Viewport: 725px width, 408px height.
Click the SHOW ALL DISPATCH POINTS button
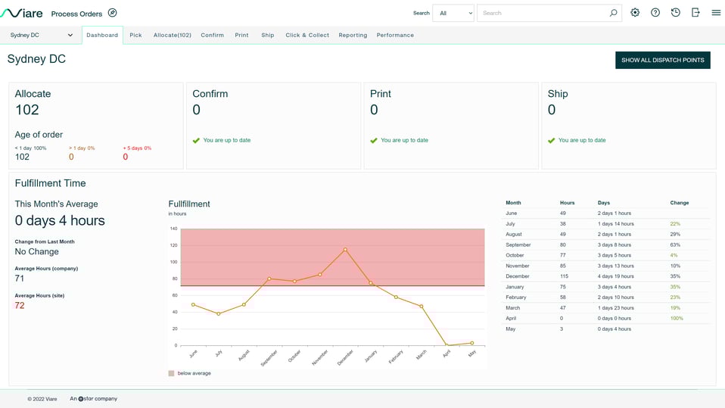[662, 61]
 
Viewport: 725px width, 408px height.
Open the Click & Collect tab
[307, 36]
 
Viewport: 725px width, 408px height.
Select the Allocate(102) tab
[172, 36]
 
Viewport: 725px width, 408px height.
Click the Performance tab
[395, 36]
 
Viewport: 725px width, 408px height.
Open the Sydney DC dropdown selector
[42, 36]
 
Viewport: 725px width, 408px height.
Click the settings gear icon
[635, 13]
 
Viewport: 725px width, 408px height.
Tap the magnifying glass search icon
[613, 13]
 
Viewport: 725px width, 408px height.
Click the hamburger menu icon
[716, 13]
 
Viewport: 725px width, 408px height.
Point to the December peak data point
[345, 250]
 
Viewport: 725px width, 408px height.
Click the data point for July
[219, 313]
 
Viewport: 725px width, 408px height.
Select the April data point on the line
[447, 345]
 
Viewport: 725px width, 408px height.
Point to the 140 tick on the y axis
[173, 229]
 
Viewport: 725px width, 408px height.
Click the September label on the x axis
[269, 358]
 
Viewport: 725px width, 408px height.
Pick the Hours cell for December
[564, 276]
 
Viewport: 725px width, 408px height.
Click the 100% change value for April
[676, 319]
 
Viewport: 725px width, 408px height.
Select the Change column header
[679, 203]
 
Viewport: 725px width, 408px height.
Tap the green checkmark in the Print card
[374, 141]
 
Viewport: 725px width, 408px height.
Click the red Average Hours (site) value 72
[20, 306]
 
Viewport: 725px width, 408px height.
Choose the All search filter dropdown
[453, 13]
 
